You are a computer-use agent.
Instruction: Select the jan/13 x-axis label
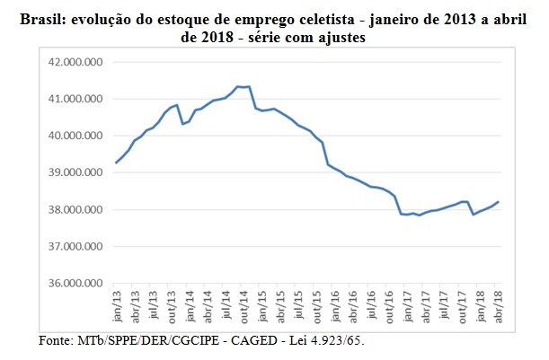(x=117, y=309)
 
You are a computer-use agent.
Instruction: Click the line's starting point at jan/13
(x=117, y=162)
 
